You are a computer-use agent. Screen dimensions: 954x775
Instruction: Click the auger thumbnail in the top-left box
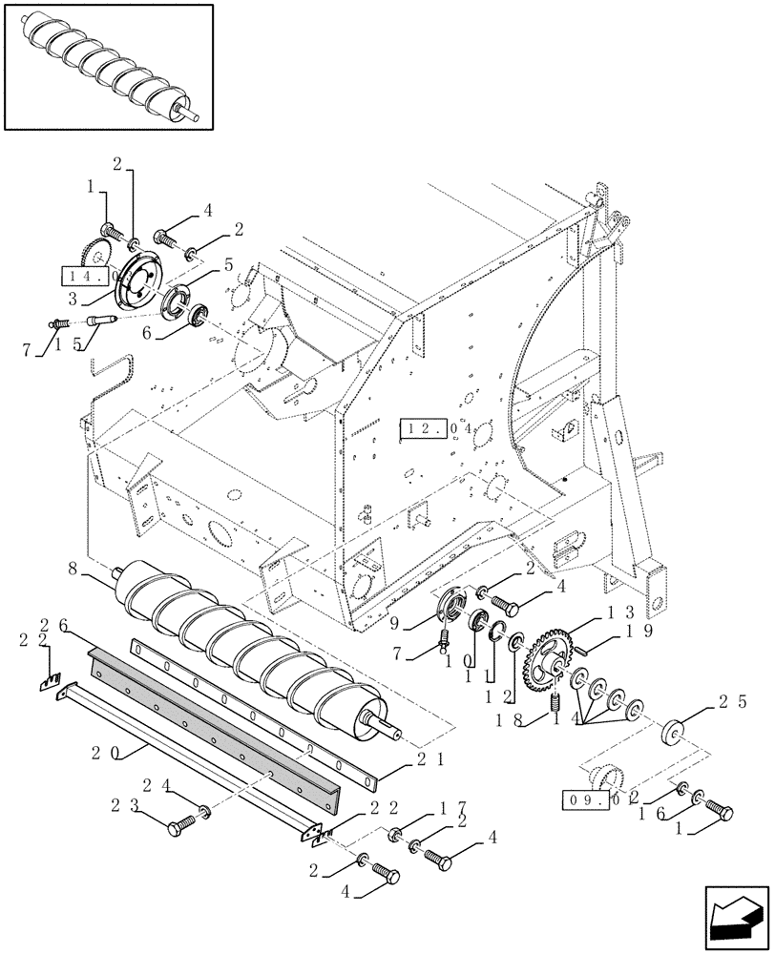coord(108,68)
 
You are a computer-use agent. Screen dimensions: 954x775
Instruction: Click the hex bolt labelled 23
coord(181,827)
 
